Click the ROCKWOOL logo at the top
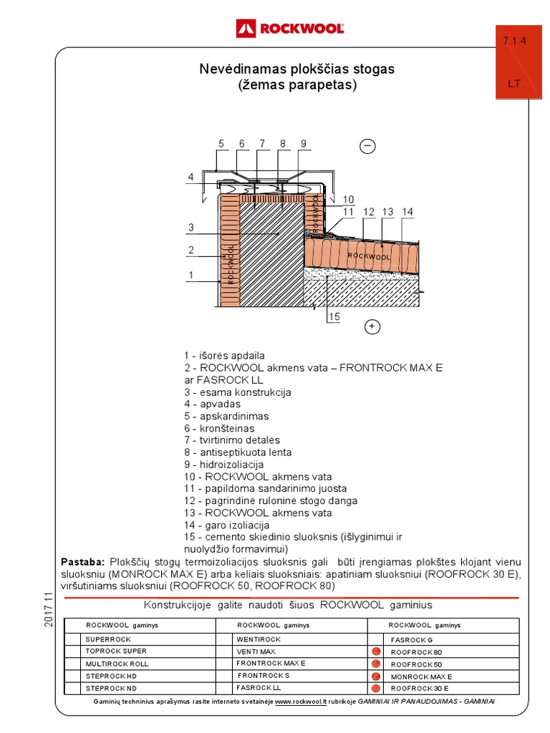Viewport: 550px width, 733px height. [x=290, y=29]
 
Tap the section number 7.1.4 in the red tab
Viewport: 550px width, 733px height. [x=514, y=42]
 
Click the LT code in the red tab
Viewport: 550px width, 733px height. [x=514, y=83]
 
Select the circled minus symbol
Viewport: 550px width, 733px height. [x=367, y=146]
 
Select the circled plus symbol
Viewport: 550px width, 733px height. [x=372, y=327]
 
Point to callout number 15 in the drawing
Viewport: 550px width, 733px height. [x=334, y=316]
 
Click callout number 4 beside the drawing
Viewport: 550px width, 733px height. [x=191, y=177]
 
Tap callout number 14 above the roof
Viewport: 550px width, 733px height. [x=407, y=212]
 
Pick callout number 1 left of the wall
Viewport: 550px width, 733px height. [x=191, y=275]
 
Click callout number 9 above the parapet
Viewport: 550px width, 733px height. [x=304, y=144]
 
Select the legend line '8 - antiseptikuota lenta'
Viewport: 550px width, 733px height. [x=238, y=452]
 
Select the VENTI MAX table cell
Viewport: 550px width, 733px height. [x=256, y=651]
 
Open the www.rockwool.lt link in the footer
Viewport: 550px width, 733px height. [x=300, y=702]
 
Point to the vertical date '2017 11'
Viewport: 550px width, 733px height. [x=49, y=610]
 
